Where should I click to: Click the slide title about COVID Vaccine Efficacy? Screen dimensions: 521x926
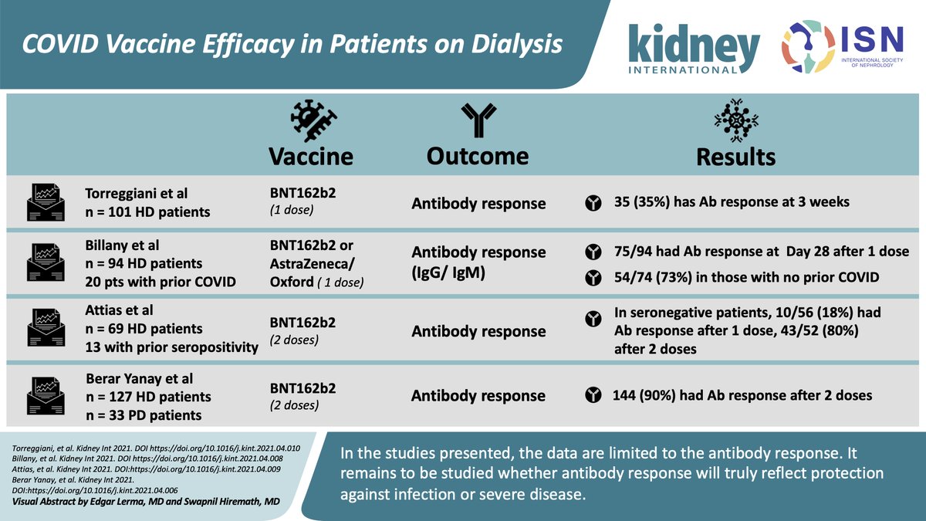point(292,46)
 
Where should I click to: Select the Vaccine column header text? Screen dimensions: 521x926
point(310,156)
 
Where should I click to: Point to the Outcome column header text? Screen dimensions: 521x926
point(477,155)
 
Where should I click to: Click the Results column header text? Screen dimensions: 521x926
point(735,157)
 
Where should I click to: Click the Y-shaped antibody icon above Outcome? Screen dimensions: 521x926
point(477,120)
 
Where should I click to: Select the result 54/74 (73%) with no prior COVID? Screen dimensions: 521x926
point(745,277)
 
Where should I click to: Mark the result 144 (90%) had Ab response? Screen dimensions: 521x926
point(742,395)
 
